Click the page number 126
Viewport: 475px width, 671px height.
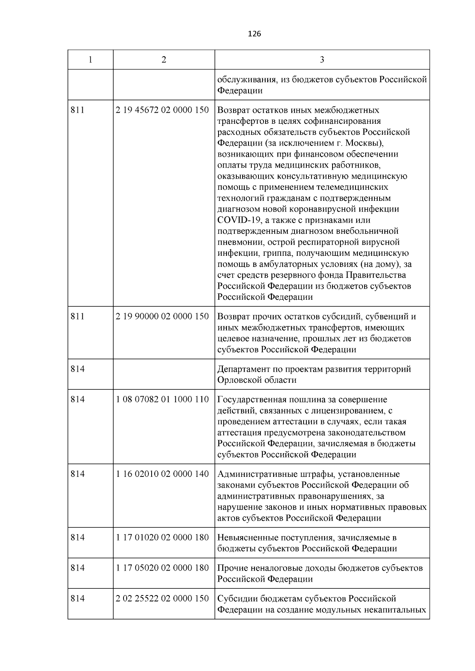254,34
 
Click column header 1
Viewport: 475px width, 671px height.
91,60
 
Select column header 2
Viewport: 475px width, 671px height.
164,60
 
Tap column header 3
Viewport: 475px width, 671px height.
322,60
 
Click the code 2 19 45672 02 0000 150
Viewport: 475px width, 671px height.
162,110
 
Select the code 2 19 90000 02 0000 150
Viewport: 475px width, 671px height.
162,316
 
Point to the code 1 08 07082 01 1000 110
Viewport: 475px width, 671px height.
162,399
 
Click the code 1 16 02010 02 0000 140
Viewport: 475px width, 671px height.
162,474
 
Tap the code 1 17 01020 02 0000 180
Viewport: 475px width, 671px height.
162,537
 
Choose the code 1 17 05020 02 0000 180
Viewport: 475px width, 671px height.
162,568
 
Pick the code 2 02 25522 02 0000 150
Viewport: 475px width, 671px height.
162,598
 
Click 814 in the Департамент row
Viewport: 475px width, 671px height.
78,369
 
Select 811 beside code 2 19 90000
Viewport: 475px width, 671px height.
78,316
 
